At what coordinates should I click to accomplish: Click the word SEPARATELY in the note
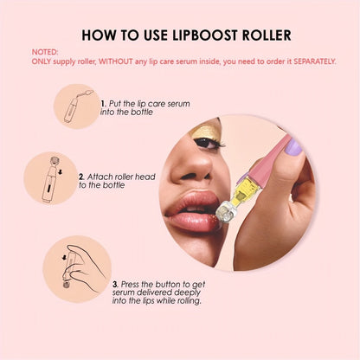click(x=302, y=61)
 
